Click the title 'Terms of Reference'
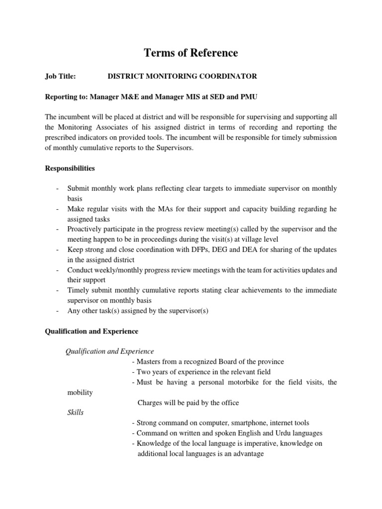coord(191,53)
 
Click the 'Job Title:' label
coord(60,76)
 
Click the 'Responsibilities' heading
coord(70,169)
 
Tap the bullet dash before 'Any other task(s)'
coord(58,311)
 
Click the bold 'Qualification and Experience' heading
coord(92,331)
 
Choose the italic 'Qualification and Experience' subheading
coord(110,351)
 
